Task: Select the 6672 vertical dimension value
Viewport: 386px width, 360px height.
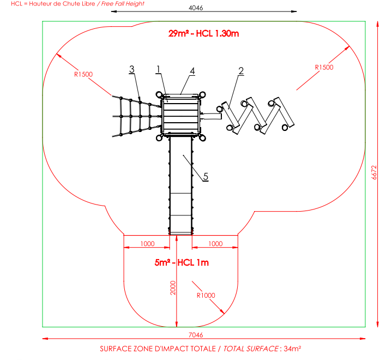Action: [375, 173]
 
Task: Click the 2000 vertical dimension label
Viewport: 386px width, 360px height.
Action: [172, 289]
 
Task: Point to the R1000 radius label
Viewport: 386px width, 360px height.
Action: [206, 295]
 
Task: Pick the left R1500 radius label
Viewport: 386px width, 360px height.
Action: [83, 74]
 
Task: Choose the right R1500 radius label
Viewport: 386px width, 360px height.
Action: [324, 67]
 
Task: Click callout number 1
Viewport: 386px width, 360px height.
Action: [158, 69]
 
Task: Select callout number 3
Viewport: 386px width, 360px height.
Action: [131, 69]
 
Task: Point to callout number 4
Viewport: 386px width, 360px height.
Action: [192, 70]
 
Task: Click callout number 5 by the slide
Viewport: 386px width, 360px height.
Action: [206, 176]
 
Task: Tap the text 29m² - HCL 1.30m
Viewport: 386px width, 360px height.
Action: [204, 34]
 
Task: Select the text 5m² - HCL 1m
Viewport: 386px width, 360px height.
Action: [182, 262]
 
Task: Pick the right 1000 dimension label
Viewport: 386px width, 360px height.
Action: [216, 243]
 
